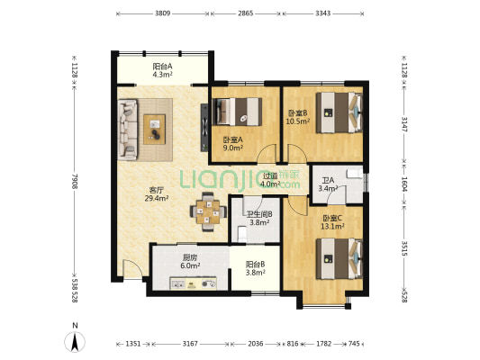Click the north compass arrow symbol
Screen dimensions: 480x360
(x=75, y=342)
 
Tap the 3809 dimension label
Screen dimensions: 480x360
(x=162, y=13)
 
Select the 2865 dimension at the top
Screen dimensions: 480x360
(x=246, y=13)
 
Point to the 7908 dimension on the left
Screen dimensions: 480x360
(x=75, y=181)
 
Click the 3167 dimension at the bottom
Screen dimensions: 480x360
(x=190, y=344)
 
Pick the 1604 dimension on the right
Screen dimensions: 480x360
(x=404, y=184)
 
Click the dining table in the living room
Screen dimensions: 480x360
(x=208, y=211)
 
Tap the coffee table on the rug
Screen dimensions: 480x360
(x=155, y=129)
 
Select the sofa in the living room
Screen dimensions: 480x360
(x=128, y=130)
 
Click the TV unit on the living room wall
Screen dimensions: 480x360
(x=204, y=128)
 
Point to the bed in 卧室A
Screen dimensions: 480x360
(x=237, y=112)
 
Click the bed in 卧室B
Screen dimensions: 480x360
(x=340, y=112)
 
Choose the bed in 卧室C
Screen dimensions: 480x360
(x=340, y=259)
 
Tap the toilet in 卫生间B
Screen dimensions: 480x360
(x=242, y=234)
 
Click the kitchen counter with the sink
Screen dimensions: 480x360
(x=193, y=283)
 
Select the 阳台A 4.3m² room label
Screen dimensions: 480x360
(x=162, y=70)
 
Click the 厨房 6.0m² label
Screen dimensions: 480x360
(x=190, y=262)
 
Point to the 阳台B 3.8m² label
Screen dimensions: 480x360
(x=255, y=268)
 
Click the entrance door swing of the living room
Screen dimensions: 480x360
(x=132, y=269)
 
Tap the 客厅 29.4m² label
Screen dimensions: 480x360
(x=157, y=194)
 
